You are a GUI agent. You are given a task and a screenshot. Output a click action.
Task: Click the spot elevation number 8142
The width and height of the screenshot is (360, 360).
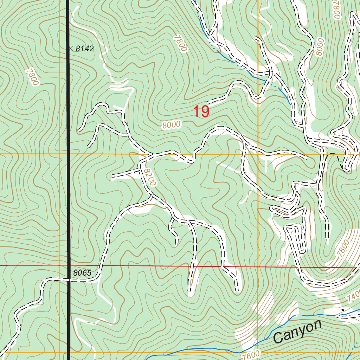click(x=85, y=49)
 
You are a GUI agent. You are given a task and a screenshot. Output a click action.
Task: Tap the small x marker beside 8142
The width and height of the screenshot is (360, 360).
click(x=71, y=49)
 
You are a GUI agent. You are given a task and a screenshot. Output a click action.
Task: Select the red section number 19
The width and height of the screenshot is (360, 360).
click(x=201, y=112)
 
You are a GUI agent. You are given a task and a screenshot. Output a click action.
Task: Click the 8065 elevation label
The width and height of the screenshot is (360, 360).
click(x=83, y=273)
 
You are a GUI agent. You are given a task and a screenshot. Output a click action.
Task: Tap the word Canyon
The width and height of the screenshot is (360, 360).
click(x=297, y=332)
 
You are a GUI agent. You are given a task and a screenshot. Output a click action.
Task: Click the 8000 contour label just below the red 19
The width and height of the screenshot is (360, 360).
click(x=172, y=124)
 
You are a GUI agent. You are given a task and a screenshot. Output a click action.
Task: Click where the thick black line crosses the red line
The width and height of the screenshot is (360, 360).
click(x=68, y=265)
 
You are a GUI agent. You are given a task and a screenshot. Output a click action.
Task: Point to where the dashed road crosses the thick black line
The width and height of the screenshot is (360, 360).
click(x=68, y=280)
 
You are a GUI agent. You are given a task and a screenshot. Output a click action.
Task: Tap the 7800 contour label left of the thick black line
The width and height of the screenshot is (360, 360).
click(x=32, y=77)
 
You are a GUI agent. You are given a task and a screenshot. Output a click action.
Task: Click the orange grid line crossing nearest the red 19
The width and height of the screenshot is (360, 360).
click(x=258, y=154)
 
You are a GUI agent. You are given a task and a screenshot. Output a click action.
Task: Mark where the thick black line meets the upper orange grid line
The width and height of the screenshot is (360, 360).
click(x=68, y=154)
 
